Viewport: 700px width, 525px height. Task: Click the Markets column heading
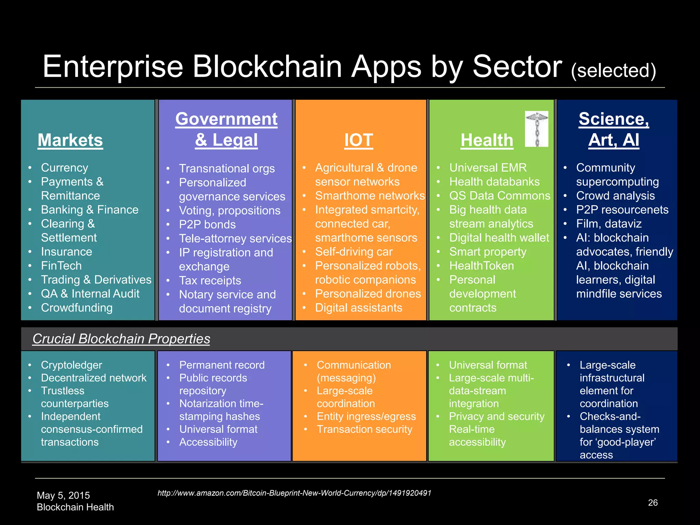click(x=70, y=140)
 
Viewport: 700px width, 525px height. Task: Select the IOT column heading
click(x=359, y=140)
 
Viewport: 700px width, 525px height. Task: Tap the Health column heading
click(x=487, y=140)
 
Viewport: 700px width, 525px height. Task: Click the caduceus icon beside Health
click(x=536, y=129)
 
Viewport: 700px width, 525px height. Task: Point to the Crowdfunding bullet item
click(x=77, y=308)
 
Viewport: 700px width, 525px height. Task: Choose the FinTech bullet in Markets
click(x=61, y=266)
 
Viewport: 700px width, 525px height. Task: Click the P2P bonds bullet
click(x=207, y=224)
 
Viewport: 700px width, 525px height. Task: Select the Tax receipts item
click(x=210, y=280)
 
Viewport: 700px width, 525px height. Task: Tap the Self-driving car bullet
click(x=353, y=252)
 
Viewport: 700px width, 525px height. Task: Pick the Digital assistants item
click(x=359, y=308)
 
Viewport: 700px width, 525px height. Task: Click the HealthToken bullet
click(x=481, y=266)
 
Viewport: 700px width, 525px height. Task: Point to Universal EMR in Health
click(x=488, y=167)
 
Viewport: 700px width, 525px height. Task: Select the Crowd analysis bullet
click(x=615, y=196)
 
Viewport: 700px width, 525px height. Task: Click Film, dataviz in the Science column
click(x=609, y=224)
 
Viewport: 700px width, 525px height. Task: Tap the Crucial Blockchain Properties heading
click(x=121, y=339)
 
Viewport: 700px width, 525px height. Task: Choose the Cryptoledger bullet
click(x=71, y=365)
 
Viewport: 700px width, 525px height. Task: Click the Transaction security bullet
click(x=364, y=429)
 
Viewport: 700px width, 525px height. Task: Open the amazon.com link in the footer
click(x=294, y=493)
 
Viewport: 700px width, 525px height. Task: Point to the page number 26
click(x=653, y=502)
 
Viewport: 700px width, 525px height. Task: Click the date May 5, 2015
click(x=63, y=495)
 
